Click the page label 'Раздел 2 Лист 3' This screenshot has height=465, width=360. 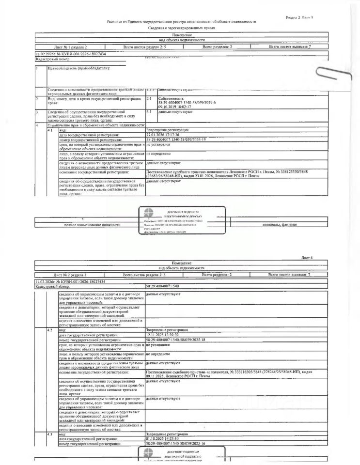(x=299, y=17)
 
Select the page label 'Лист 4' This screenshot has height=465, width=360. (x=307, y=258)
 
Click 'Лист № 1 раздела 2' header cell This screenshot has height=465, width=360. (x=70, y=47)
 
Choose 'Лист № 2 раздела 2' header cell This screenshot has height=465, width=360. (x=70, y=275)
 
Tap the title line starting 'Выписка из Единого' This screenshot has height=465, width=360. (x=182, y=22)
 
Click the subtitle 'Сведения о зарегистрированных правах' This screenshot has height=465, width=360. (x=181, y=28)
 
